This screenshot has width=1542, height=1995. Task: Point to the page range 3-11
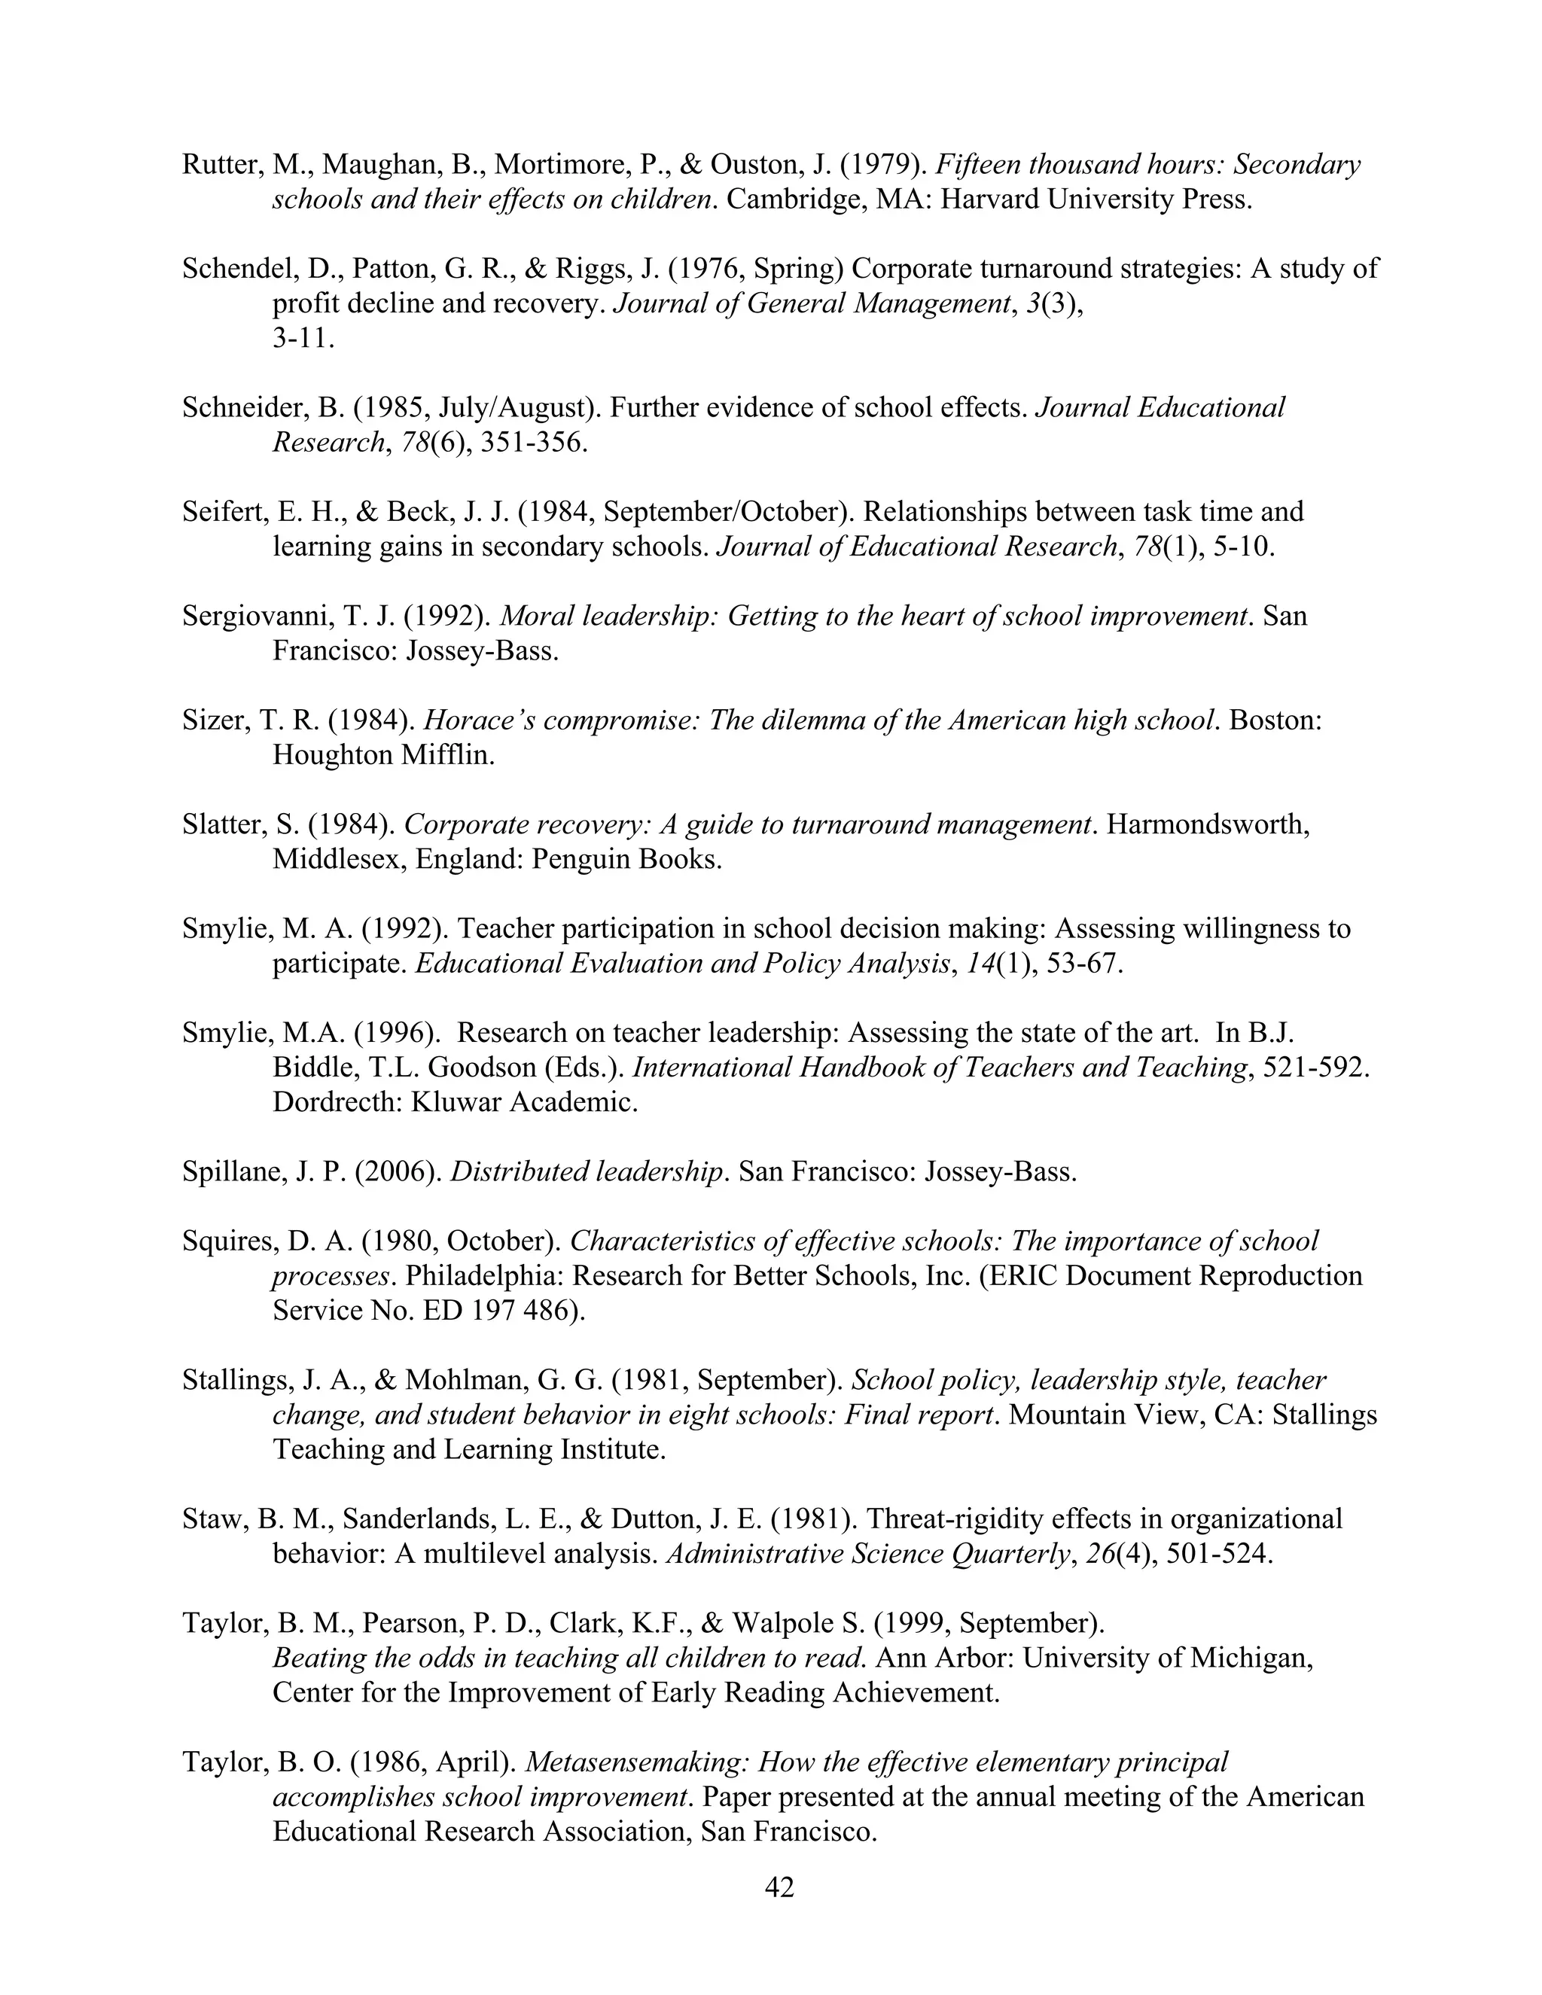pyautogui.click(x=303, y=339)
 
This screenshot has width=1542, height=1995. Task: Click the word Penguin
pyautogui.click(x=580, y=860)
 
